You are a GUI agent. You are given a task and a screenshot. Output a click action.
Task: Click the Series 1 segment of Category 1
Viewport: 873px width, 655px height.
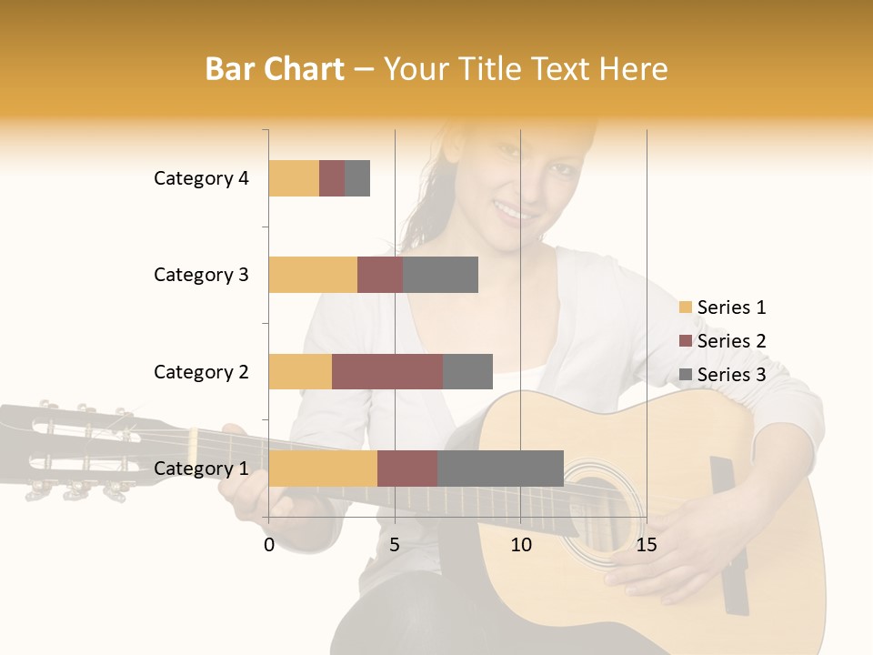click(323, 469)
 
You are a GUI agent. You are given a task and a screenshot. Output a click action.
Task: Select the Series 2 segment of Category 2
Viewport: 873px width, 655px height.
click(387, 371)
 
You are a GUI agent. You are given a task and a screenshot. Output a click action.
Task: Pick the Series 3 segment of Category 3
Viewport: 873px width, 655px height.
click(440, 275)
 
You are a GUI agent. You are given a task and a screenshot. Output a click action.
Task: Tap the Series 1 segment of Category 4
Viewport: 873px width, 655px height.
click(294, 178)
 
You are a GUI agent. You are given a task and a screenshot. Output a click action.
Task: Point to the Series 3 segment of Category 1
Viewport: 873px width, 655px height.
click(500, 469)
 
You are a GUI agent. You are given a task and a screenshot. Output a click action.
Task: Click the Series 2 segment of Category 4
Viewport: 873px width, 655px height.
click(332, 178)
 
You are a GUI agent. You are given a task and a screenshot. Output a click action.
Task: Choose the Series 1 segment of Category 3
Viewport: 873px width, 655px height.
click(313, 275)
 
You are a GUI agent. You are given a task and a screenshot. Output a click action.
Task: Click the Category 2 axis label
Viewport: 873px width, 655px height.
click(201, 371)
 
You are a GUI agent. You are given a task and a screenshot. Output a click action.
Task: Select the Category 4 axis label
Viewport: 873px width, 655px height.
click(201, 178)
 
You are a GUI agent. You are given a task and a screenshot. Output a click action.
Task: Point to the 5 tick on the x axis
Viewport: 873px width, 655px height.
click(395, 545)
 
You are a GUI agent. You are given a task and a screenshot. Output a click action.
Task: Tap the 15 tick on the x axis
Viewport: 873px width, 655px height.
click(646, 545)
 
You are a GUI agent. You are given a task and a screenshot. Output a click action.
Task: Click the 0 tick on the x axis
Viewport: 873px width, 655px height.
click(269, 545)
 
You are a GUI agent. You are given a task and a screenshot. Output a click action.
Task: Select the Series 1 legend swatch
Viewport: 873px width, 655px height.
click(685, 307)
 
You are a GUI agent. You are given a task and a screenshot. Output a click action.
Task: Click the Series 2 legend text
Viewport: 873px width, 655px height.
click(731, 341)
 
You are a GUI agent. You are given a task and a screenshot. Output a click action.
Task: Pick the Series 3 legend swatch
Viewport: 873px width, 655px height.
click(685, 375)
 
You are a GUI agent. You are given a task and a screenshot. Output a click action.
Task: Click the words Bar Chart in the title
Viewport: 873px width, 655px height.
click(275, 69)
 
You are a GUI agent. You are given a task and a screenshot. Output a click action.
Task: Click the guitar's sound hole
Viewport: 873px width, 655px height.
click(597, 505)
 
